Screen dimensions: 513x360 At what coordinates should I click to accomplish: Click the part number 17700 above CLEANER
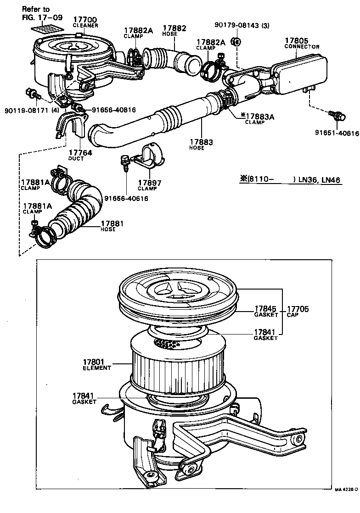click(86, 20)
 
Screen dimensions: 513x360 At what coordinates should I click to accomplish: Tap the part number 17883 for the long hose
click(201, 142)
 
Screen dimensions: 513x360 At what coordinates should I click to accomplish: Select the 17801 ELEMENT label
click(97, 365)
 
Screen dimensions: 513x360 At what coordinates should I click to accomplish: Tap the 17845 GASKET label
click(266, 312)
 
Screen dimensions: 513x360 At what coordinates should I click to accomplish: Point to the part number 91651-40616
click(337, 133)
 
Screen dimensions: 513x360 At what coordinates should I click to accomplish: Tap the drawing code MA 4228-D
click(346, 503)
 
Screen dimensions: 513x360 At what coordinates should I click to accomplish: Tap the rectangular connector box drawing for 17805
click(301, 73)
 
